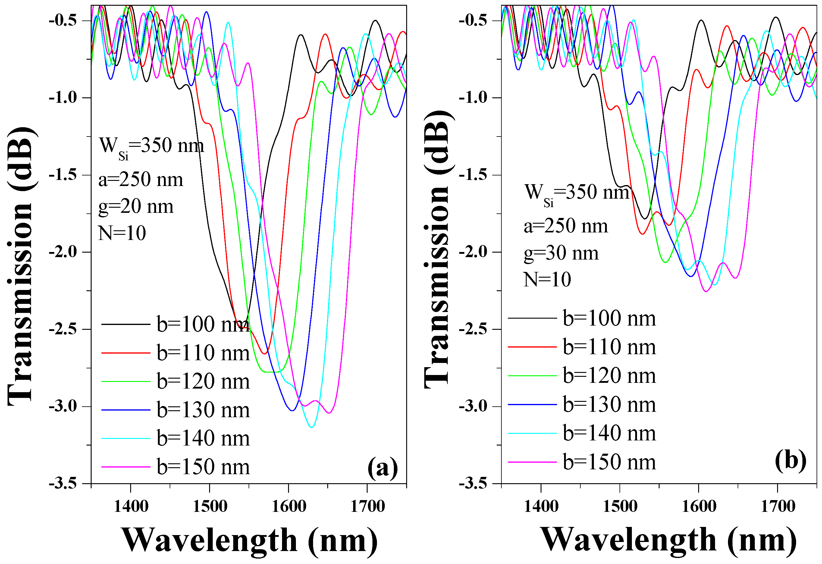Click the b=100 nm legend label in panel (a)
(203, 324)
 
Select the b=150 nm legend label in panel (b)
(609, 462)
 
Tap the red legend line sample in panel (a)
(126, 353)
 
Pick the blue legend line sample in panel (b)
(532, 404)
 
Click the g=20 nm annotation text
(136, 206)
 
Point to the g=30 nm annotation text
(561, 253)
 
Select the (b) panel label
(791, 461)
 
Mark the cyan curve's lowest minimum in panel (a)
(311, 427)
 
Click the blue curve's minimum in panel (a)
(292, 411)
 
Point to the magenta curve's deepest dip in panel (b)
(706, 291)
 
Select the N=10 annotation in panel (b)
(547, 279)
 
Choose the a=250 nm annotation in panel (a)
(141, 180)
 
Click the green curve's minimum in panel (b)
(666, 262)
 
